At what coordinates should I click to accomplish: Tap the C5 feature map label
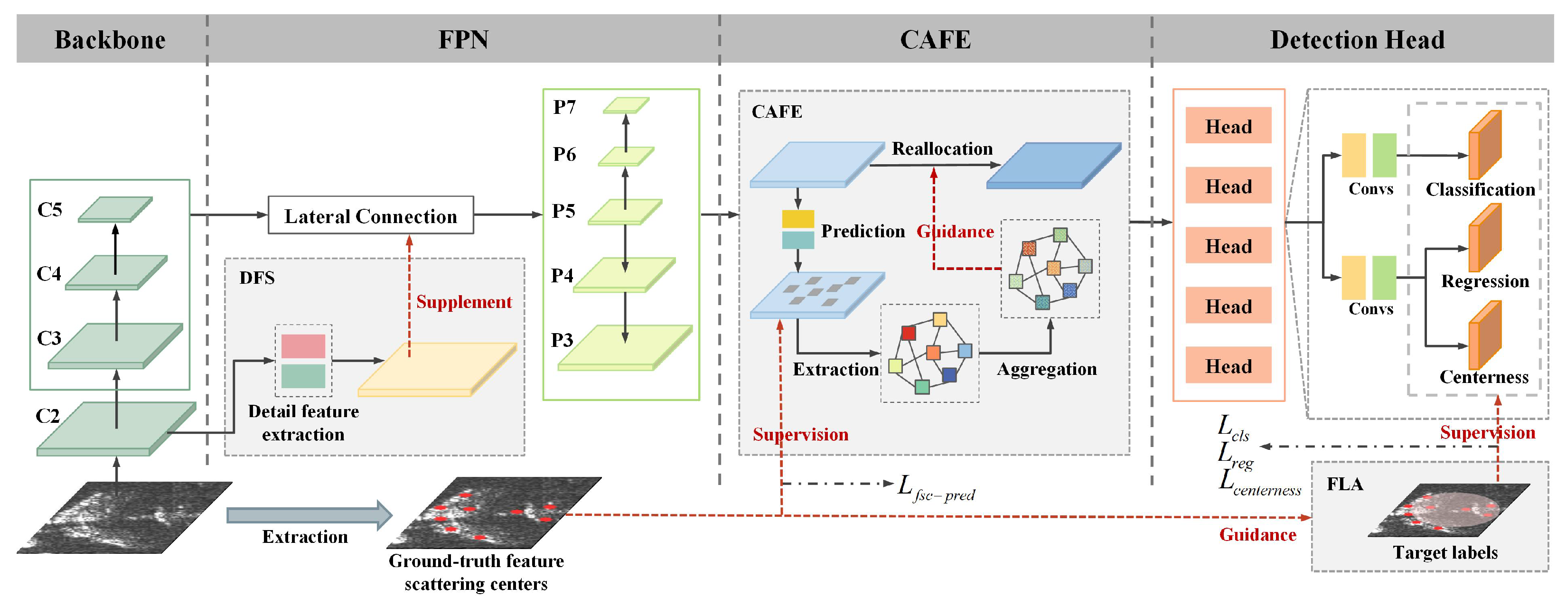point(50,210)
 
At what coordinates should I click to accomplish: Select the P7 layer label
point(564,108)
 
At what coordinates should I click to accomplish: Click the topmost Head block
point(1228,126)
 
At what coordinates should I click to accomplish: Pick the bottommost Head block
point(1228,366)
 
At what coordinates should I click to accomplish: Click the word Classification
point(1480,190)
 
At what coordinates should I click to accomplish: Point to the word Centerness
point(1483,377)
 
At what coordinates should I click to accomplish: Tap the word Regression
point(1484,281)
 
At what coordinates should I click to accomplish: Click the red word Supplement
point(464,302)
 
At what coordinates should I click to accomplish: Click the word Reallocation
point(942,149)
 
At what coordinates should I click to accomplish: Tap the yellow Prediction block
point(797,219)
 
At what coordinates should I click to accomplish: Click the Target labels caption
point(1445,552)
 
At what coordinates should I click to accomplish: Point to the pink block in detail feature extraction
point(303,346)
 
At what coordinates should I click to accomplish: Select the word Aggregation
point(1046,369)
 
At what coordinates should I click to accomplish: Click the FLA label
point(1344,484)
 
